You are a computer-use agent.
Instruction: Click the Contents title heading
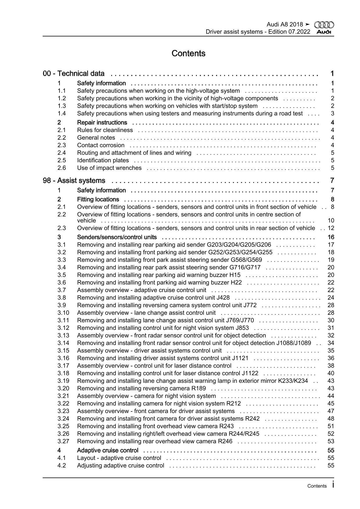(x=188, y=53)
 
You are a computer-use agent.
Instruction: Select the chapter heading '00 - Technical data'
(x=74, y=74)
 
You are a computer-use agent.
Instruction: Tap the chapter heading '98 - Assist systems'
(x=74, y=181)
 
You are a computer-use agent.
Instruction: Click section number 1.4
(x=62, y=114)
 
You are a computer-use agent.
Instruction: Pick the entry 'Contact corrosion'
(x=101, y=145)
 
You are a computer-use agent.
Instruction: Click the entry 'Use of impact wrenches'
(x=109, y=168)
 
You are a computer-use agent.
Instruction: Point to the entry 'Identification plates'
(x=103, y=160)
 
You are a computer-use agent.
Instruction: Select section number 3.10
(x=63, y=313)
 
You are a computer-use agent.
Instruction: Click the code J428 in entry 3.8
(x=223, y=298)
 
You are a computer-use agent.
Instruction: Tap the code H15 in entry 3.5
(x=235, y=275)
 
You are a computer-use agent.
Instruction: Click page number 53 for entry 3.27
(x=331, y=441)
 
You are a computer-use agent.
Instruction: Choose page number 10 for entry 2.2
(x=331, y=221)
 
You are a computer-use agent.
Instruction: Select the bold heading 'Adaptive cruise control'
(x=108, y=450)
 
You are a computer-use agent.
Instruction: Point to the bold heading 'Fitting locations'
(x=98, y=199)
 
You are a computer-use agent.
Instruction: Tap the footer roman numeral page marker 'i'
(x=333, y=485)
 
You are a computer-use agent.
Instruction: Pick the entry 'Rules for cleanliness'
(x=105, y=130)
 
